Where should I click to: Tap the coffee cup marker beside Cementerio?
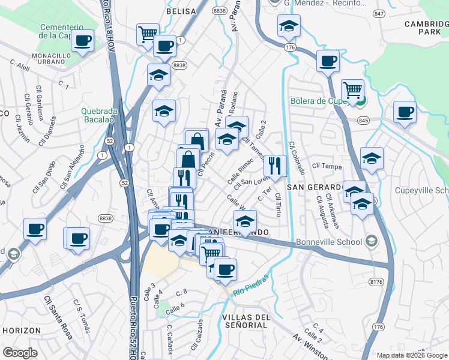(x=83, y=41)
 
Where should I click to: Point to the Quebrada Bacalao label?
(x=97, y=115)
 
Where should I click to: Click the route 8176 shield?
(x=377, y=281)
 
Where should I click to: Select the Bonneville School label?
(x=329, y=242)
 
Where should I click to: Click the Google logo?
(x=20, y=352)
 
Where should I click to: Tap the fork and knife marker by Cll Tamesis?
(x=275, y=166)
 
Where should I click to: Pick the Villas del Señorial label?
(x=244, y=320)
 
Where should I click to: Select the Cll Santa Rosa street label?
(x=59, y=317)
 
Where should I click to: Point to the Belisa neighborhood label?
(x=181, y=11)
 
